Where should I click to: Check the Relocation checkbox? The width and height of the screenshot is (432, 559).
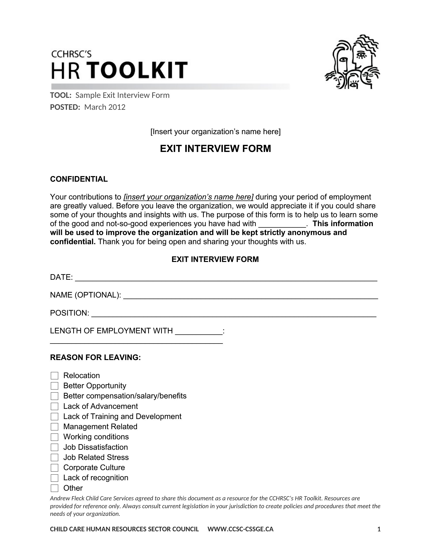pyautogui.click(x=55, y=376)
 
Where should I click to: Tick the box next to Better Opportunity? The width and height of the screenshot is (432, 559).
pyautogui.click(x=55, y=386)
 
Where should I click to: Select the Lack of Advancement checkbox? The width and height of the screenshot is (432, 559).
pyautogui.click(x=55, y=407)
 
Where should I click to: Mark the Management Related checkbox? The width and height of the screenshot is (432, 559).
pyautogui.click(x=55, y=427)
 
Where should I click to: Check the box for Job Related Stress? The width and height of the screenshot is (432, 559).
pyautogui.click(x=55, y=457)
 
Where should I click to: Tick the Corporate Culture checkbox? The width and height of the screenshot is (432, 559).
pyautogui.click(x=55, y=468)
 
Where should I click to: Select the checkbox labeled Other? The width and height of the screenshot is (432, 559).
pyautogui.click(x=55, y=488)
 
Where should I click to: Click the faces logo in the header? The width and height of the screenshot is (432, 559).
pyautogui.click(x=352, y=62)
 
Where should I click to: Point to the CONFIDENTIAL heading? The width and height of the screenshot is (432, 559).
pyautogui.click(x=79, y=179)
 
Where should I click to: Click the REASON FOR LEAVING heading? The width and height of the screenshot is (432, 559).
pyautogui.click(x=95, y=357)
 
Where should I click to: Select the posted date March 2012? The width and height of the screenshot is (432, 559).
pyautogui.click(x=105, y=107)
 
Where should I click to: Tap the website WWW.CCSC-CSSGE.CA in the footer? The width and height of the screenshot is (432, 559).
pyautogui.click(x=240, y=529)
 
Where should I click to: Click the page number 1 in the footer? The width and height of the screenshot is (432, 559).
pyautogui.click(x=379, y=529)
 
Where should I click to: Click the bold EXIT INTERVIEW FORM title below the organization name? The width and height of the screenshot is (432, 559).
pyautogui.click(x=215, y=149)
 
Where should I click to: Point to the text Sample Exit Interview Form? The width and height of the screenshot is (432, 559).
pyautogui.click(x=122, y=95)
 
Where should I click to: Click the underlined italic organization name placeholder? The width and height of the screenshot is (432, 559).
pyautogui.click(x=188, y=197)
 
